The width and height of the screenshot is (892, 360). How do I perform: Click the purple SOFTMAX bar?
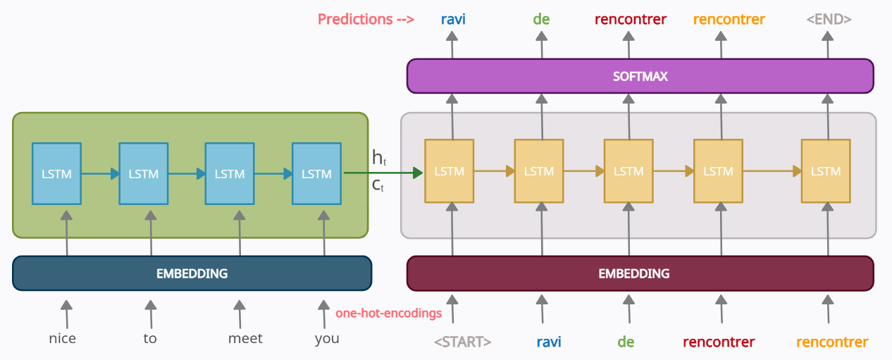640,76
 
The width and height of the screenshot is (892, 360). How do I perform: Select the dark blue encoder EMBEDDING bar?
192,273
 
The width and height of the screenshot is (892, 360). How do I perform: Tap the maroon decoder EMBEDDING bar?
640,273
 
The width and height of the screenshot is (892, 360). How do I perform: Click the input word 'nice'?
62,339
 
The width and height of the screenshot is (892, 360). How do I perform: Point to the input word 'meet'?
245,339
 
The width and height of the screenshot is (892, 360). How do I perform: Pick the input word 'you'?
327,339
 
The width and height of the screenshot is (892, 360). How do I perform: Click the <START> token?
462,342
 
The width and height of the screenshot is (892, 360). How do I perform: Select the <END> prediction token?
829,19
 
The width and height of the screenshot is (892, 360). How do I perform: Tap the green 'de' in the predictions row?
541,19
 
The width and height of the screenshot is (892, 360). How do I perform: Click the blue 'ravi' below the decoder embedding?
549,342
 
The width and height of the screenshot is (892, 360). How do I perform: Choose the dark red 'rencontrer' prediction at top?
630,19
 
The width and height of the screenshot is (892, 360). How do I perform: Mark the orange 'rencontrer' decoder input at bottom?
832,342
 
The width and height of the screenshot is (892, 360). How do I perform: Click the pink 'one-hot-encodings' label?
388,313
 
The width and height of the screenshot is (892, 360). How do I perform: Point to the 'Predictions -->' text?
366,19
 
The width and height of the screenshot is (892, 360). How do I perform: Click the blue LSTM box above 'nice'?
57,173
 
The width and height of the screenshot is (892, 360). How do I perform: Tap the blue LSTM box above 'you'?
316,173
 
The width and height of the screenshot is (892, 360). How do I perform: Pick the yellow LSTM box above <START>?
449,171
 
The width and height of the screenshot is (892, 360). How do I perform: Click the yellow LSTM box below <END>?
825,171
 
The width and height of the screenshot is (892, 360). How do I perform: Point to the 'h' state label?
378,158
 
